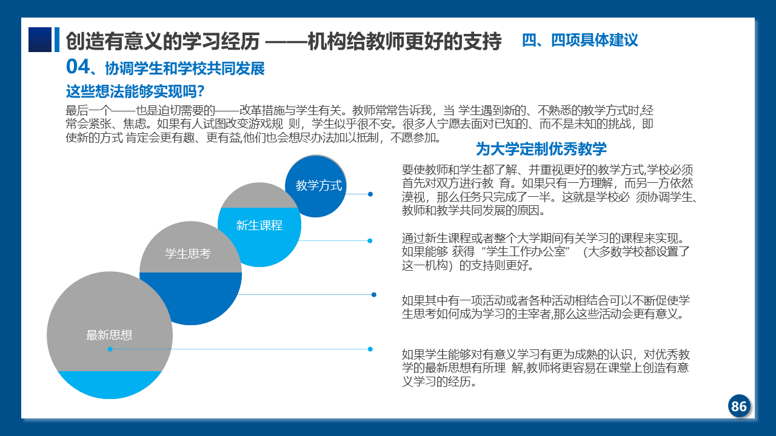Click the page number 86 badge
pyautogui.click(x=739, y=406)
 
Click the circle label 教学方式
pyautogui.click(x=319, y=185)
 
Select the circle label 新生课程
pyautogui.click(x=259, y=226)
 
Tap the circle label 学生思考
pyautogui.click(x=188, y=254)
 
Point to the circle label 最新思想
pyautogui.click(x=109, y=335)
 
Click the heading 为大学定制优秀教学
pyautogui.click(x=541, y=149)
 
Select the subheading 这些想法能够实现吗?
pyautogui.click(x=135, y=91)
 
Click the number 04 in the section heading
pyautogui.click(x=78, y=67)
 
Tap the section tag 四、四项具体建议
pyautogui.click(x=580, y=40)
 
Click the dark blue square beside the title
pyautogui.click(x=40, y=40)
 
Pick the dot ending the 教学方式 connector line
pyautogui.click(x=370, y=194)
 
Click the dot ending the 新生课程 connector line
pyautogui.click(x=370, y=241)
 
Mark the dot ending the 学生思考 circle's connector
pyautogui.click(x=374, y=295)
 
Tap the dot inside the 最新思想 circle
pyautogui.click(x=110, y=349)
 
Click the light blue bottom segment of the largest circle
pyautogui.click(x=110, y=384)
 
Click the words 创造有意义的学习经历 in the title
pyautogui.click(x=162, y=41)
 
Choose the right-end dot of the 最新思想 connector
pyautogui.click(x=370, y=349)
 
